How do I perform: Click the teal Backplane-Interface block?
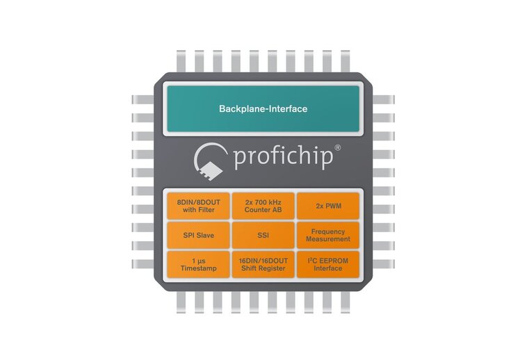tap(262, 109)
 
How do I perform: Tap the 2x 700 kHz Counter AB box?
tap(262, 206)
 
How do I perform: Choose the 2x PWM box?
tap(327, 206)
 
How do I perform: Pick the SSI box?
tap(262, 235)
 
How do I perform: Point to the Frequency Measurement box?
tap(327, 235)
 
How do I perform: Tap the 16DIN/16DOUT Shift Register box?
tap(262, 264)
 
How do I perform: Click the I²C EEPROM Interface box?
tap(327, 264)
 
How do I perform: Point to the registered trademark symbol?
tap(339, 148)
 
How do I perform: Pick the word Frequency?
tap(327, 231)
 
